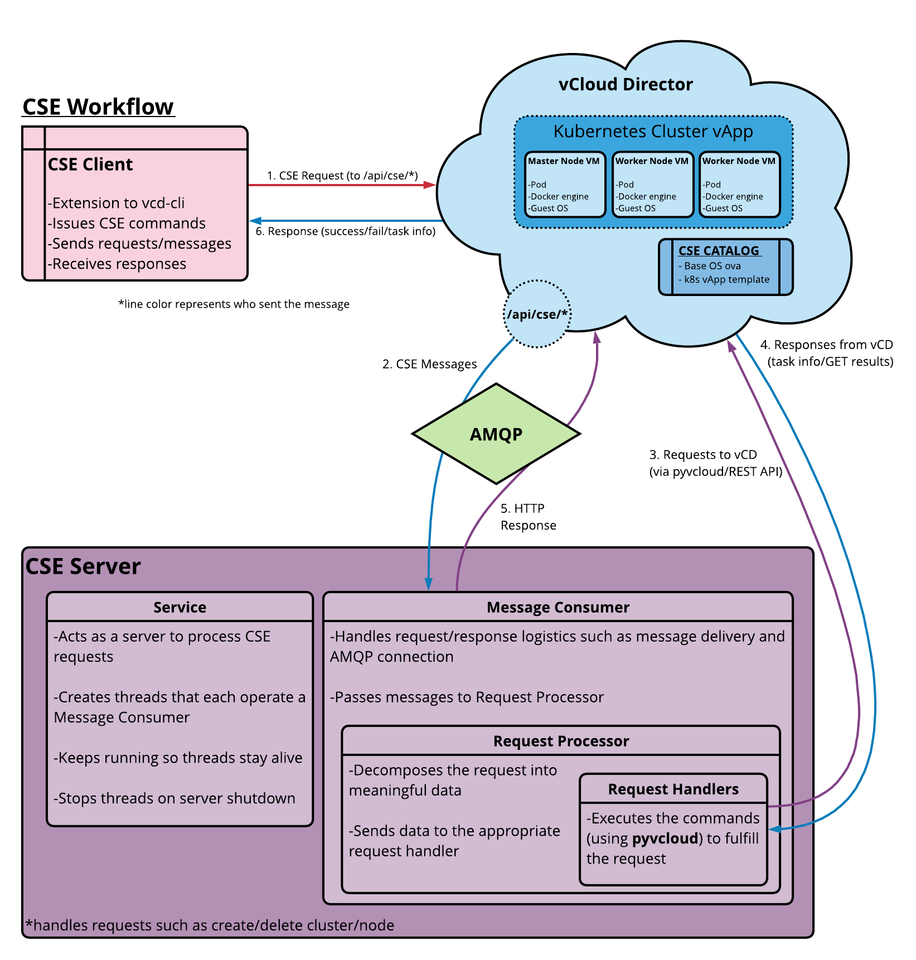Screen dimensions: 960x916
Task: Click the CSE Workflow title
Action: coord(98,106)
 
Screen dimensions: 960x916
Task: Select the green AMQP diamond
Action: coord(496,434)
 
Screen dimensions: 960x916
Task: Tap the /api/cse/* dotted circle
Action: coord(537,314)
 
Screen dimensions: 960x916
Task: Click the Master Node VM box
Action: coord(564,185)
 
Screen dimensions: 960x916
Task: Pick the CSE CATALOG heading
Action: coord(719,251)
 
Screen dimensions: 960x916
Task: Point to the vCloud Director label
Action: coord(626,84)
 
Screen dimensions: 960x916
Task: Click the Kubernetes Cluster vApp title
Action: coord(653,132)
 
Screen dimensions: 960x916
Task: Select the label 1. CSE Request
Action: coord(342,176)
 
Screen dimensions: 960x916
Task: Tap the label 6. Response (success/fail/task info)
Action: coord(345,231)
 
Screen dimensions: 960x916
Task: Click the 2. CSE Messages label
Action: coord(429,364)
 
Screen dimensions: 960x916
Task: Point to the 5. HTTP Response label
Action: coord(527,517)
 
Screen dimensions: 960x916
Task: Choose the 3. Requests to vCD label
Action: coord(715,463)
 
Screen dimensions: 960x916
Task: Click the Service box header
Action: coord(180,607)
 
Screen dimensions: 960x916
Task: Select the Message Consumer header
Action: coord(558,607)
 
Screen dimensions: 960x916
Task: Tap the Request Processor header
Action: coord(561,741)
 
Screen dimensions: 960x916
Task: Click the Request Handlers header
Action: coord(673,789)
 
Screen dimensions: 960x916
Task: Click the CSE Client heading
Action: coord(90,164)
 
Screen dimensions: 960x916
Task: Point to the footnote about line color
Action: coord(234,304)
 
